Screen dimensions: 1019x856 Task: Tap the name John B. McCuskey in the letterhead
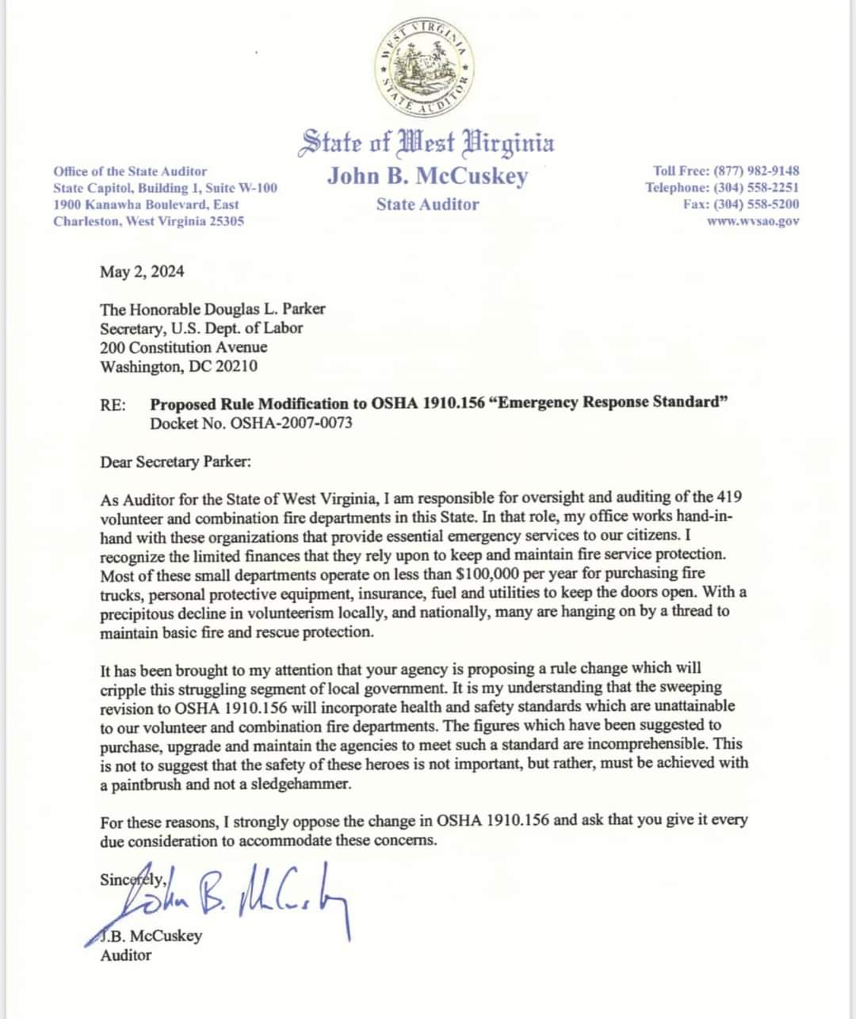[x=427, y=175]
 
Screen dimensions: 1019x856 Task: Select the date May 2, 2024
[x=142, y=272]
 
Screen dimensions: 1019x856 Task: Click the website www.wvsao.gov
[x=753, y=221]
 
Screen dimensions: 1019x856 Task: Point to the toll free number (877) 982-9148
[x=756, y=170]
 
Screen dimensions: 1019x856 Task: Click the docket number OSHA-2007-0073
[x=291, y=422]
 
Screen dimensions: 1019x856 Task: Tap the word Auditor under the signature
[x=125, y=955]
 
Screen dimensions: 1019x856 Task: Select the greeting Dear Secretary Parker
[x=175, y=462]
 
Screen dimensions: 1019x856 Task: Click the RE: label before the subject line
[x=113, y=404]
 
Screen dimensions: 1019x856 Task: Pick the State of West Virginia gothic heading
[x=426, y=143]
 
